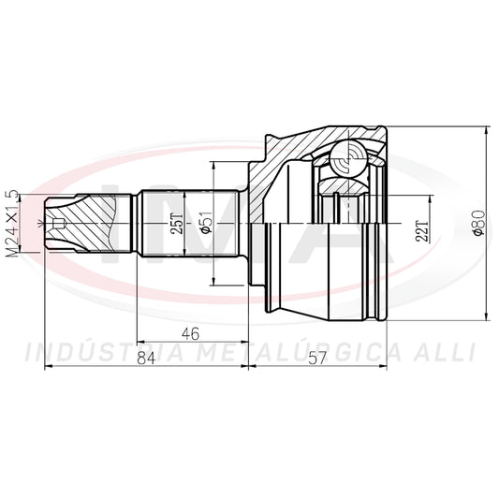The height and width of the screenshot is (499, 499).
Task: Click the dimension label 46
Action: click(x=190, y=333)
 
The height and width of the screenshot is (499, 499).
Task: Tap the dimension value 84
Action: click(x=146, y=358)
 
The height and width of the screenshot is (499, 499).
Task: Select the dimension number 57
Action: click(x=318, y=359)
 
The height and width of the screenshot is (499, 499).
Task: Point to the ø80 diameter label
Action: click(x=479, y=223)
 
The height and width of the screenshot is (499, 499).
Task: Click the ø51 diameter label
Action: click(x=206, y=222)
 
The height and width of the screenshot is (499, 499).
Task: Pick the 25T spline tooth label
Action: click(x=177, y=223)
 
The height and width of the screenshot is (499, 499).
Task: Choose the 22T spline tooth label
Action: click(x=422, y=230)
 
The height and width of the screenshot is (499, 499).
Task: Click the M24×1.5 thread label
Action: click(x=12, y=224)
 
